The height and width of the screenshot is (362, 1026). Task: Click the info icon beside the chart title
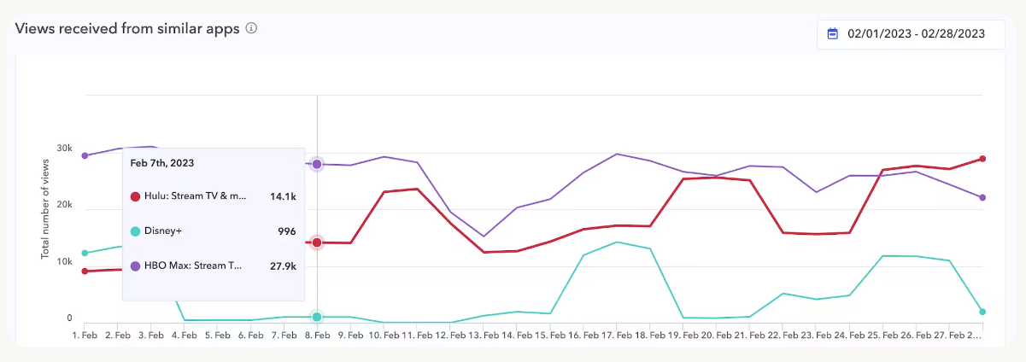click(x=251, y=28)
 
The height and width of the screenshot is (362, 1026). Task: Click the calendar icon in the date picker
click(x=833, y=34)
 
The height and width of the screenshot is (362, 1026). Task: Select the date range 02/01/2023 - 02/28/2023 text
click(x=916, y=34)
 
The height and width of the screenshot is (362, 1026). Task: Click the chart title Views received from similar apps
click(x=128, y=28)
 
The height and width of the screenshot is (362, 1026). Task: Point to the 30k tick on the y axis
click(x=64, y=149)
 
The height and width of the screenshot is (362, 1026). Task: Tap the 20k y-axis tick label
click(x=64, y=205)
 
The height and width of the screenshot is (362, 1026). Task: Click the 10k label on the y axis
click(x=64, y=262)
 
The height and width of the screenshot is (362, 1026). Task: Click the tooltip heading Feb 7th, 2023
click(x=162, y=162)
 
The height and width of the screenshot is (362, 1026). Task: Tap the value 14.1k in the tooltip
click(x=282, y=196)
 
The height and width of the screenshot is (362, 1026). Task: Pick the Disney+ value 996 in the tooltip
click(x=286, y=231)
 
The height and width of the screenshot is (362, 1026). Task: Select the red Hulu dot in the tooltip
click(x=135, y=196)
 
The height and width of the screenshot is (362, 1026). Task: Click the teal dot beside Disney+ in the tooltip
click(x=135, y=231)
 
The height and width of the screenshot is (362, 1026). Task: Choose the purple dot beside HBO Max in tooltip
click(x=135, y=266)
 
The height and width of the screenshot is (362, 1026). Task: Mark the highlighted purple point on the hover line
click(x=317, y=164)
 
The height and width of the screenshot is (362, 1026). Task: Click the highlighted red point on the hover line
click(x=317, y=242)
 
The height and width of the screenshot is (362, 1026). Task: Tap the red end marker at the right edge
click(x=982, y=159)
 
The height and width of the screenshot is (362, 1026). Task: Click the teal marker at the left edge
click(x=85, y=254)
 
